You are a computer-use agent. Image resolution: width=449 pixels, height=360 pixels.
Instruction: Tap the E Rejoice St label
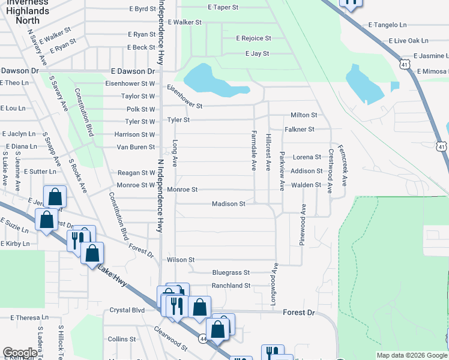(253, 38)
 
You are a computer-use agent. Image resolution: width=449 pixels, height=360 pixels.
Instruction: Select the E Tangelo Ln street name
(387, 25)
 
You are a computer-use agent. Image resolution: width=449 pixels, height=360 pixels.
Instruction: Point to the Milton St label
(303, 115)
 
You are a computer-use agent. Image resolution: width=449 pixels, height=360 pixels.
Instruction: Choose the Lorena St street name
(307, 157)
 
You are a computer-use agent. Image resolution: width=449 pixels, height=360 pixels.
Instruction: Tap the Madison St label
(228, 204)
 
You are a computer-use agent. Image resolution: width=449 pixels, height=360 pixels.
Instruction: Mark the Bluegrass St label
(231, 272)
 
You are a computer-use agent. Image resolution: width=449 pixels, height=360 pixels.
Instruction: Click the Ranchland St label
(231, 286)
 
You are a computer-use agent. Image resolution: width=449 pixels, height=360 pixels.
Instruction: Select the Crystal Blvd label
(127, 310)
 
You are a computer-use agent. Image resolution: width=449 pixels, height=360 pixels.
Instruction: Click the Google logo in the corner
(20, 353)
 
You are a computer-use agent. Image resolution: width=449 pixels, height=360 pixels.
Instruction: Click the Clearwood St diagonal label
(170, 338)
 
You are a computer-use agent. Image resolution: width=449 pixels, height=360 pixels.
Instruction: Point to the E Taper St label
(223, 8)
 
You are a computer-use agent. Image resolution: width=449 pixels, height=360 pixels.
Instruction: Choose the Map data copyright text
(411, 355)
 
